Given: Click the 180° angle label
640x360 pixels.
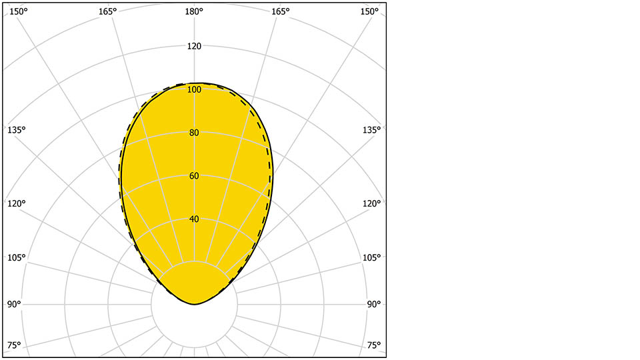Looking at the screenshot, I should (194, 11).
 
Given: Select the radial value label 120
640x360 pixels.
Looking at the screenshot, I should (194, 46).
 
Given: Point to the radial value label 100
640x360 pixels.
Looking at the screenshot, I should (194, 89).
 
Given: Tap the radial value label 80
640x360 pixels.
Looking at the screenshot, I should (194, 133).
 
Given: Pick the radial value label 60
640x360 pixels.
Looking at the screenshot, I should (194, 176).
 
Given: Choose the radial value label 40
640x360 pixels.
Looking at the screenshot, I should (194, 219).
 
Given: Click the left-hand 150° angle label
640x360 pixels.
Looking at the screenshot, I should (18, 11).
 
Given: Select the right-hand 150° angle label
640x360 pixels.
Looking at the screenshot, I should (370, 11).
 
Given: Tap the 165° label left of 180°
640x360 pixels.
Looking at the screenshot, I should (107, 11).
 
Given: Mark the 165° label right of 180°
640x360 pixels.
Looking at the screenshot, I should (281, 11).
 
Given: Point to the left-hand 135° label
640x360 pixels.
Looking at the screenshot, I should (16, 129).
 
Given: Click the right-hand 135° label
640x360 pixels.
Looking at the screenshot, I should (372, 129).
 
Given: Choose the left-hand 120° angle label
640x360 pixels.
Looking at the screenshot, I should (16, 203).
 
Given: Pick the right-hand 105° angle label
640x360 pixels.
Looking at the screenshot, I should (372, 258).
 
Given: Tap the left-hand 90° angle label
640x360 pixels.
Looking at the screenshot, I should (14, 304).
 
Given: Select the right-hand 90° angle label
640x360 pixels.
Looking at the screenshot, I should (374, 304).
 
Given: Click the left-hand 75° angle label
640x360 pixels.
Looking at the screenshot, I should (14, 345).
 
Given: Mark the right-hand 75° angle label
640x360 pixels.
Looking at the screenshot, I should (374, 345).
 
